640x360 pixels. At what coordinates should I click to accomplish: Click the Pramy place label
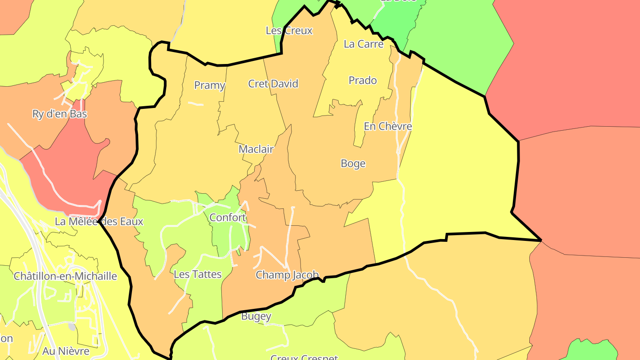point(210,85)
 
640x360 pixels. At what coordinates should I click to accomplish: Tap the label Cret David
point(273,84)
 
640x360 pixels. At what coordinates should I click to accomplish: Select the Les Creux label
point(289,31)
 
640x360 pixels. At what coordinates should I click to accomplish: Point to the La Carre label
point(364,44)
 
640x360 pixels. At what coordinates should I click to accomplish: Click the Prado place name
point(363,80)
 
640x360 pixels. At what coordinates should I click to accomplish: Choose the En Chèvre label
point(388,126)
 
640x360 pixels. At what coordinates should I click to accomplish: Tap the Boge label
point(353,164)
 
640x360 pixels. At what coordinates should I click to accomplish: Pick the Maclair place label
point(256,149)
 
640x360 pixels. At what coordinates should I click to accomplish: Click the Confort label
point(228,217)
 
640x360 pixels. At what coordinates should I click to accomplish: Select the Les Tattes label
point(197,274)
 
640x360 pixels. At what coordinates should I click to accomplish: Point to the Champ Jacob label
point(287,275)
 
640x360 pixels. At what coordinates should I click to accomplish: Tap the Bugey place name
point(256,316)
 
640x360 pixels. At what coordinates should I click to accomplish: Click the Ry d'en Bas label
point(60,114)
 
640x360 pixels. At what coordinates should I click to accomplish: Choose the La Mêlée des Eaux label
point(99,221)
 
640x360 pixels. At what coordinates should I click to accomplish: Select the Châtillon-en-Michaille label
point(65,276)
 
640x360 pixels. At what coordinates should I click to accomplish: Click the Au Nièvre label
point(66,351)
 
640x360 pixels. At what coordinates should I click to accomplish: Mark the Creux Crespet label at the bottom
point(304,357)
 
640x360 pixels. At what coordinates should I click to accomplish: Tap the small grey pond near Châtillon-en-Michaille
point(72,327)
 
